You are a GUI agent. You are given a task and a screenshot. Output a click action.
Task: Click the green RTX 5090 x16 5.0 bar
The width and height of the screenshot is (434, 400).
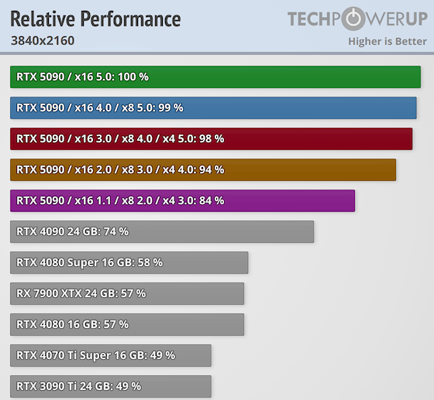click(x=215, y=77)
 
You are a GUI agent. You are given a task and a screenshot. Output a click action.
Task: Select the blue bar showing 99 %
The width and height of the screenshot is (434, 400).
click(x=213, y=108)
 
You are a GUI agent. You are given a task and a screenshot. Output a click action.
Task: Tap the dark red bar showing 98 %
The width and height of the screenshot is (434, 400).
click(x=211, y=138)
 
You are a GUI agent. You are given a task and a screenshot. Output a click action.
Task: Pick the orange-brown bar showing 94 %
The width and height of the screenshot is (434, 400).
click(x=203, y=169)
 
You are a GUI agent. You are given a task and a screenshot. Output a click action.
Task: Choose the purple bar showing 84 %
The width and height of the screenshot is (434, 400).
click(x=183, y=200)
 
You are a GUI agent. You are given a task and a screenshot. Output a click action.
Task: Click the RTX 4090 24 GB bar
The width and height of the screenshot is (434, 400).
click(x=162, y=231)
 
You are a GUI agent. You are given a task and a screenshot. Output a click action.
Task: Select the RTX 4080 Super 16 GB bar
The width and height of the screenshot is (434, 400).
click(x=129, y=262)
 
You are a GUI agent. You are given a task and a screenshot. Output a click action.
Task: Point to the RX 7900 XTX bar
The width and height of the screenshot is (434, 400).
click(x=127, y=293)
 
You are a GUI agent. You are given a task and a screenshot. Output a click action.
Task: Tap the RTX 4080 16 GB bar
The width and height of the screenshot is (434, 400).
click(x=127, y=324)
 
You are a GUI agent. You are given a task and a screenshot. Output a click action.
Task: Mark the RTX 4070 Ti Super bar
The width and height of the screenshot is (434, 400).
click(x=111, y=355)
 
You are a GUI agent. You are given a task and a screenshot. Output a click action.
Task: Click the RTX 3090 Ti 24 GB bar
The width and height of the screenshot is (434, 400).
click(x=111, y=386)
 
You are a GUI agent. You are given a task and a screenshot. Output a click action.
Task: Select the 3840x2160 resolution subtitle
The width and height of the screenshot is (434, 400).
click(x=43, y=40)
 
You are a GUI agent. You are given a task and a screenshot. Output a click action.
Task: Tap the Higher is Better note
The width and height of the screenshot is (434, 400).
click(x=387, y=41)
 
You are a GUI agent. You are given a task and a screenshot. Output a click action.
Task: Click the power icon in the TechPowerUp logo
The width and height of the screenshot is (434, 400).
click(x=353, y=19)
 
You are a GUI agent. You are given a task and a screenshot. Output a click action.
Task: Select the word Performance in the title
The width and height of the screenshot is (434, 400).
click(x=129, y=19)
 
